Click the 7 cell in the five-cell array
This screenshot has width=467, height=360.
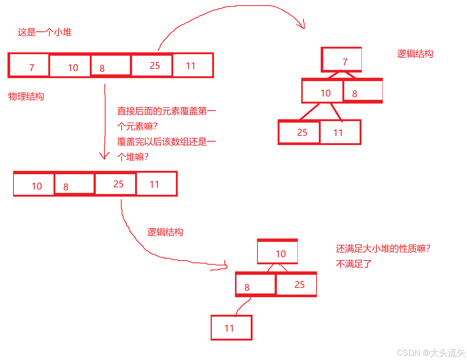(29, 66)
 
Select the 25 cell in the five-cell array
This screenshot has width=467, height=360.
(152, 66)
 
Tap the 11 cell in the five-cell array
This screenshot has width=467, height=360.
(192, 66)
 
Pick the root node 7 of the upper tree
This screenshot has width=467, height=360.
(341, 60)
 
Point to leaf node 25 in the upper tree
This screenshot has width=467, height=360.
(299, 132)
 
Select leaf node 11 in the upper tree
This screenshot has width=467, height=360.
(340, 132)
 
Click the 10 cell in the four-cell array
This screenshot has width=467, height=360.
(34, 185)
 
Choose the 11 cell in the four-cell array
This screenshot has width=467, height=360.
(156, 184)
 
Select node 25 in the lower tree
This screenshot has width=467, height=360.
(296, 284)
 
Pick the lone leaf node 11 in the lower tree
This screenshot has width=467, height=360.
(232, 328)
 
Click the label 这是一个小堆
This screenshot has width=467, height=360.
(45, 32)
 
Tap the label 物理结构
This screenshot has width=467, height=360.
(26, 96)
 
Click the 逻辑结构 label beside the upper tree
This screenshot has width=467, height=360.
(415, 54)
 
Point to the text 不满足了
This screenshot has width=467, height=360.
(354, 264)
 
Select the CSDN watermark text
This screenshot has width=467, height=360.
(431, 353)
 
